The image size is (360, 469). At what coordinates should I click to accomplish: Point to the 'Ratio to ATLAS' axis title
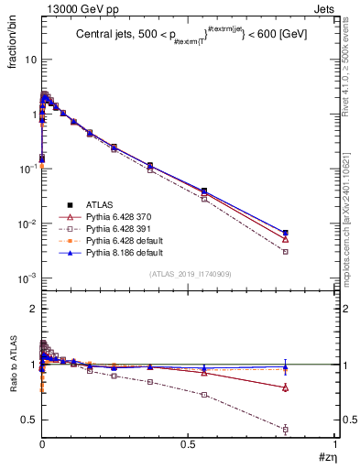pyautogui.click(x=13, y=365)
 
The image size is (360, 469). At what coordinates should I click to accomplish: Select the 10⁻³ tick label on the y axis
pyautogui.click(x=27, y=278)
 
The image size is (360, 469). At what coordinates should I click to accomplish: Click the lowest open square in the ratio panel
pyautogui.click(x=286, y=429)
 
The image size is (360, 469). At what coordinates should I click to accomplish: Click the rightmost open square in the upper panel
pyautogui.click(x=286, y=251)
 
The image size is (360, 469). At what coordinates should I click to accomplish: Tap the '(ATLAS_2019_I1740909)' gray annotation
pyautogui.click(x=189, y=274)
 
